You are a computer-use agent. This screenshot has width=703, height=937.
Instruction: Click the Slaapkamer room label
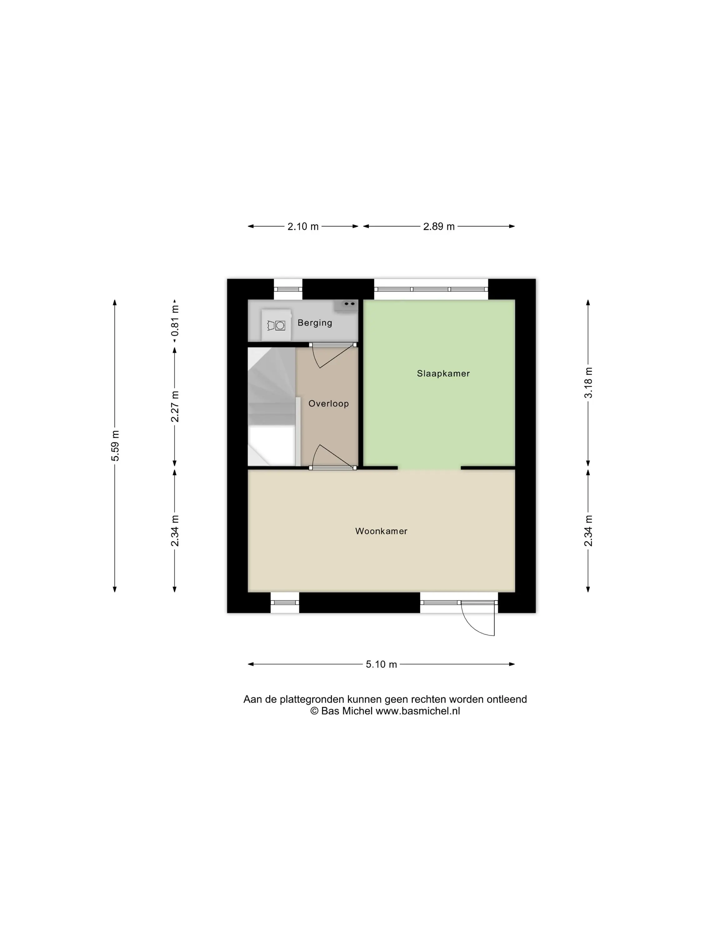point(443,373)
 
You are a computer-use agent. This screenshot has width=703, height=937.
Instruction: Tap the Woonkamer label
point(381,531)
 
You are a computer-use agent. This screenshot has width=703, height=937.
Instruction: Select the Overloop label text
point(328,403)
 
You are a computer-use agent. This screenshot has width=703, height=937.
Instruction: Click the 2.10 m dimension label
point(303,227)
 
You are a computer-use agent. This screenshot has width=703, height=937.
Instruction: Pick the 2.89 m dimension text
point(439,227)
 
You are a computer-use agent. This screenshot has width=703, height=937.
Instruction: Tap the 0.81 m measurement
point(175,321)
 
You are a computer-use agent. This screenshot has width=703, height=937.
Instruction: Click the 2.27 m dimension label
point(175,406)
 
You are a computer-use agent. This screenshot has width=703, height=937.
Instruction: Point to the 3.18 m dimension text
point(588,383)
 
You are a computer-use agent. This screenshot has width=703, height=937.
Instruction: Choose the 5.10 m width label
point(381,664)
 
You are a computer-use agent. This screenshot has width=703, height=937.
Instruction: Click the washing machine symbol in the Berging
point(276,325)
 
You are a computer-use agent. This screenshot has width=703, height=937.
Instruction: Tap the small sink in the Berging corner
point(346,305)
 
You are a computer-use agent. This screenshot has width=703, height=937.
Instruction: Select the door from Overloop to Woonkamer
point(333,458)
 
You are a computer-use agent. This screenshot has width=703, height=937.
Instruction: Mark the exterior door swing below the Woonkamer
point(478,618)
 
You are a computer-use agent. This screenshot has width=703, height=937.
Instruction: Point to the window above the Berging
point(288,289)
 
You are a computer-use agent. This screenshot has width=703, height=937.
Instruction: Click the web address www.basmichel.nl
point(417,711)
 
